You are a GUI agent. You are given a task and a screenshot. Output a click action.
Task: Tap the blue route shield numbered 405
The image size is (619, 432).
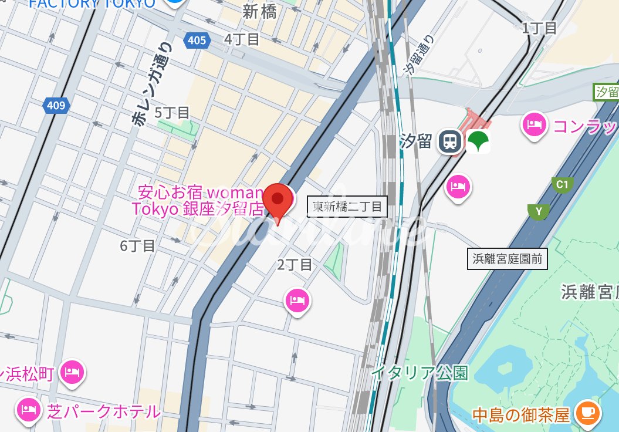point(197,40)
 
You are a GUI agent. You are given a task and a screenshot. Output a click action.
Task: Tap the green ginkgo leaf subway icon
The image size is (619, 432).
point(478,141)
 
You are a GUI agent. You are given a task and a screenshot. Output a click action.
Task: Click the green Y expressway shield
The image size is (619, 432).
point(538,211)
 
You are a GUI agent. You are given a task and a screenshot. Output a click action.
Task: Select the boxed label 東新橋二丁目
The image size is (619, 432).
point(347,207)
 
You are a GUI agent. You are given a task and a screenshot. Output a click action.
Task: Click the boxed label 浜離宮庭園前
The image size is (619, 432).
point(508,258)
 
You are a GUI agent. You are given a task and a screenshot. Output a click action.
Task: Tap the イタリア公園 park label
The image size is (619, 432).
point(420,372)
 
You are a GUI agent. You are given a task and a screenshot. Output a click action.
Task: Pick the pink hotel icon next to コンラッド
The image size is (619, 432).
point(535,125)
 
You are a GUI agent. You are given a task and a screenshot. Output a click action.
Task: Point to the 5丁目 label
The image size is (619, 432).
point(172,112)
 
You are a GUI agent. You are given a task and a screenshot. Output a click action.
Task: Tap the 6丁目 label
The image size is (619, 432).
point(137,245)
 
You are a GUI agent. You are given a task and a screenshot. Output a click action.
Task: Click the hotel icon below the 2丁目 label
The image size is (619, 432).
point(297,301)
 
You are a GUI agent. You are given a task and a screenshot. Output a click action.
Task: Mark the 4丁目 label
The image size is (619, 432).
point(241,39)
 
